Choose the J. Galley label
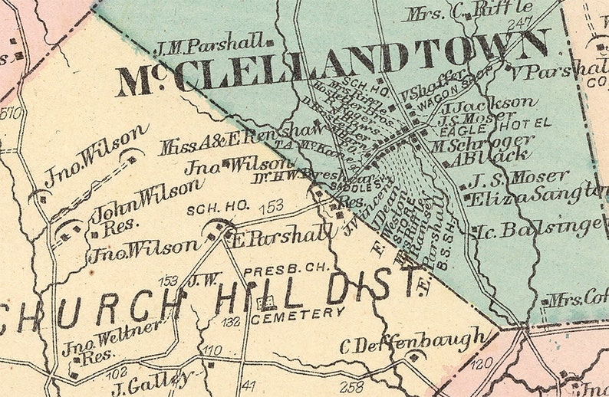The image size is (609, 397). pyautogui.click(x=150, y=379)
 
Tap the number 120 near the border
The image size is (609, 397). pyautogui.click(x=479, y=362)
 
